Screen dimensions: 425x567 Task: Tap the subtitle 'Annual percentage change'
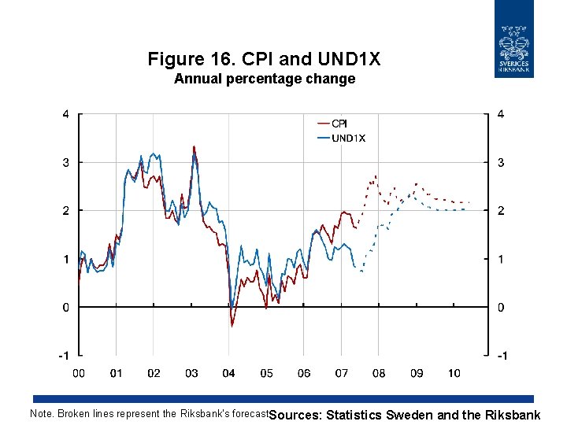tap(264, 79)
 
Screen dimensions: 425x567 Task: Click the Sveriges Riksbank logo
tap(514, 39)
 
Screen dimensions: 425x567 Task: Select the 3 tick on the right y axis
tap(500, 162)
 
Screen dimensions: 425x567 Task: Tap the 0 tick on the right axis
tap(500, 308)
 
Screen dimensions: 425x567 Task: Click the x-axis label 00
tap(79, 373)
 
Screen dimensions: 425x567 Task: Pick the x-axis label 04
tap(229, 373)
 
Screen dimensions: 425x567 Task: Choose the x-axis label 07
tap(342, 373)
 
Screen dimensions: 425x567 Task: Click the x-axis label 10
tap(454, 373)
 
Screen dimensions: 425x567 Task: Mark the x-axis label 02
tap(154, 373)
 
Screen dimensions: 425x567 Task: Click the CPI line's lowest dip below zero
tap(232, 325)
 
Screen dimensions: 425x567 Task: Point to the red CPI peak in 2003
tap(194, 146)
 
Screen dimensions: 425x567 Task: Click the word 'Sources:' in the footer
tap(295, 415)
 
